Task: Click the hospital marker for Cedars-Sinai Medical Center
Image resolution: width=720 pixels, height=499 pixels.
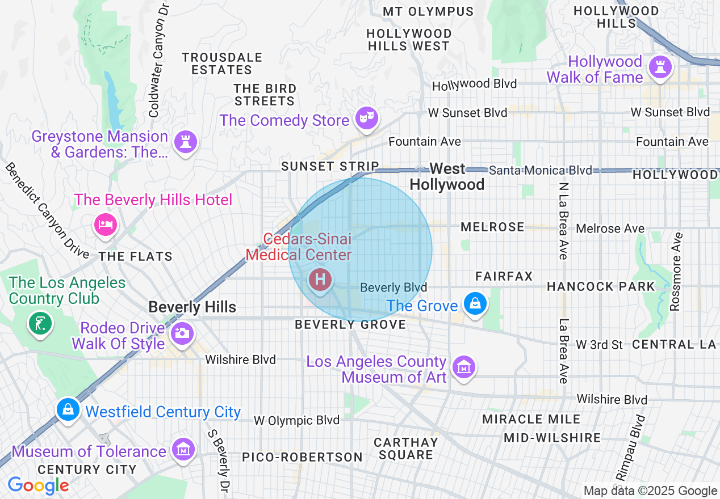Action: (320, 280)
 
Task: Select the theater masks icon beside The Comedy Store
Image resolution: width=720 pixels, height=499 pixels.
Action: (366, 119)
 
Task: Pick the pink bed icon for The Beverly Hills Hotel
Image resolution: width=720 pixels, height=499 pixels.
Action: (106, 225)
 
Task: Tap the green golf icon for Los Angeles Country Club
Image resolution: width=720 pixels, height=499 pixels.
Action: (40, 324)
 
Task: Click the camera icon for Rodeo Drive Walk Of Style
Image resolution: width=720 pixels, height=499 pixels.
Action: (182, 333)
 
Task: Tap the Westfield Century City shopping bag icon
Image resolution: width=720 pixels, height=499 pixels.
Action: (68, 408)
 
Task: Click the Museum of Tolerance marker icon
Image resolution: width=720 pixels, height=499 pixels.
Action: (183, 450)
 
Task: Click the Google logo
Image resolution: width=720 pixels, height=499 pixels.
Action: (38, 486)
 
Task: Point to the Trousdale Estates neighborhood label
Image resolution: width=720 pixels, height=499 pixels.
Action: (222, 64)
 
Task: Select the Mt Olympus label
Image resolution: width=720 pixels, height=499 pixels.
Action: (428, 11)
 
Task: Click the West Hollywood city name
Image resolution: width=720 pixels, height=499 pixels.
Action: (447, 176)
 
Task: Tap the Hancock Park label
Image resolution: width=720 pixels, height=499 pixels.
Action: (601, 286)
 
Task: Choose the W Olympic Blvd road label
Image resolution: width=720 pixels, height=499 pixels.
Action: (296, 420)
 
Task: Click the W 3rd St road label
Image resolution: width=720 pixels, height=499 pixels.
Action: (600, 345)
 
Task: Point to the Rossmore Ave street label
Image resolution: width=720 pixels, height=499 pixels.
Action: (675, 272)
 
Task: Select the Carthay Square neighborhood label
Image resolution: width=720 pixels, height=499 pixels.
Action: (405, 448)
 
